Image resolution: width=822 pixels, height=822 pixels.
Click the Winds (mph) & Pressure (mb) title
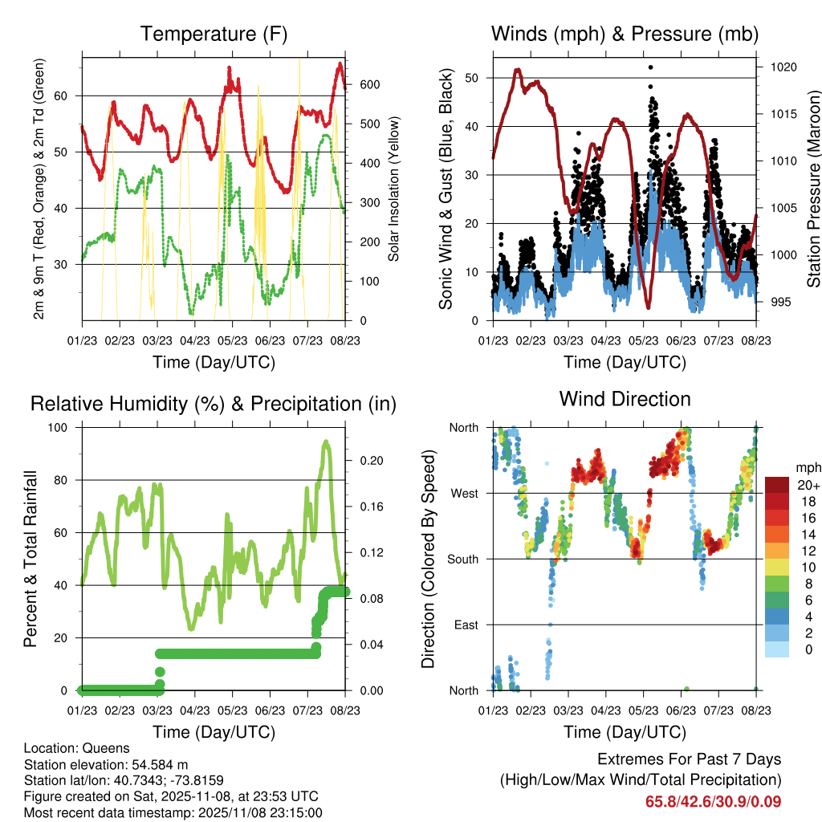(625, 34)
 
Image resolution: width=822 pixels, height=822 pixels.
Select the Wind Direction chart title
(625, 398)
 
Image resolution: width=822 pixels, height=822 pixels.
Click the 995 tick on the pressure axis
(779, 302)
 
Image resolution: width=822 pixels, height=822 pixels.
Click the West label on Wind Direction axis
(463, 493)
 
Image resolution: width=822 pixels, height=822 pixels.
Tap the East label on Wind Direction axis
(465, 625)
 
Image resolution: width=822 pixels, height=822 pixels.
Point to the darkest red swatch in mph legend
(777, 485)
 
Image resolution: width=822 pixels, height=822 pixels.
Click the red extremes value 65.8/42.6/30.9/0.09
(713, 801)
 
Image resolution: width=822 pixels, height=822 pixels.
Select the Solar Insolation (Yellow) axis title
(393, 189)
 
